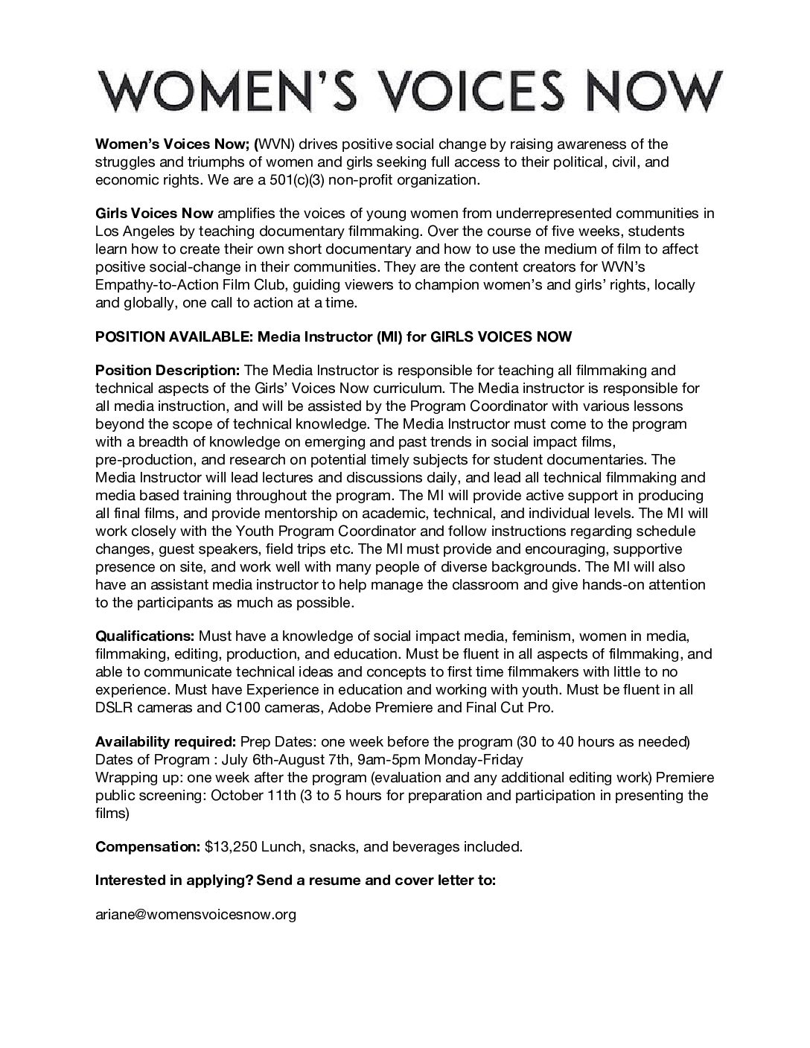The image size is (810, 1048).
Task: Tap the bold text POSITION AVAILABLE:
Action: (174, 337)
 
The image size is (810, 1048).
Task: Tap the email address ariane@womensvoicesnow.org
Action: (196, 915)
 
